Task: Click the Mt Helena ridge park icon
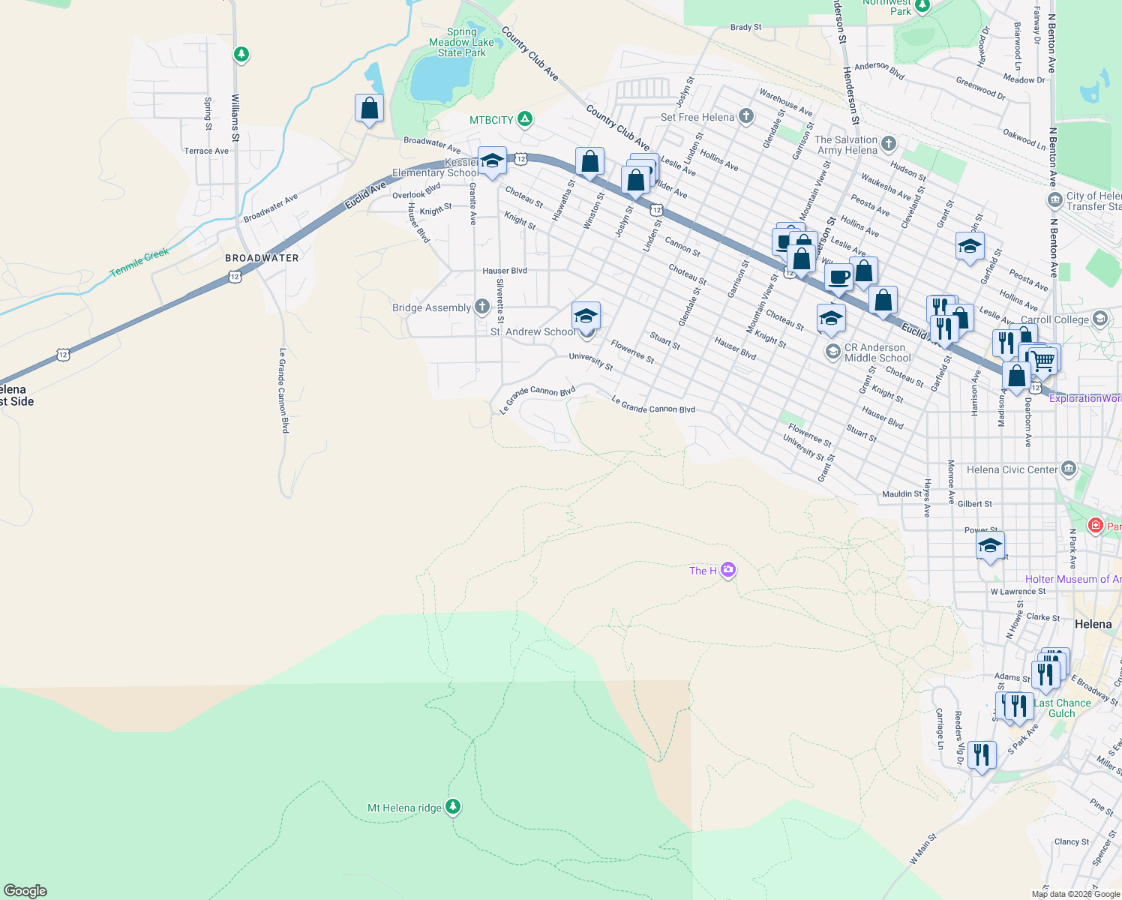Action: point(452,807)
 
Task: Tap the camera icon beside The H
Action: point(728,571)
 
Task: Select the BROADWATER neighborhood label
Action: point(262,258)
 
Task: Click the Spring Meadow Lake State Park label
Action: point(461,43)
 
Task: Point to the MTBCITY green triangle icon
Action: point(526,119)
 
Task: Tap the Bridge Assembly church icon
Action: point(482,307)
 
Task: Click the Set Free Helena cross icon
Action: point(745,116)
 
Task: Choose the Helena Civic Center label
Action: point(1012,470)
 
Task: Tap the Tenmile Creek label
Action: point(139,262)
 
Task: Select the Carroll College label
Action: point(1054,319)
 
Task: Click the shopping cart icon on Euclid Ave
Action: point(1043,361)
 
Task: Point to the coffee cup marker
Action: point(839,277)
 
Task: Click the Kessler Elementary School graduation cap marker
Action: point(492,161)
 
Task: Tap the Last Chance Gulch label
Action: point(1062,708)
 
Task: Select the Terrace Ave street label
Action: point(206,151)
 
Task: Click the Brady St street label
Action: point(745,28)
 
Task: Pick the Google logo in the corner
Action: point(25,891)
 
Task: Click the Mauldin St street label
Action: point(901,494)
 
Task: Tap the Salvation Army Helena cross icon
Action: point(889,143)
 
